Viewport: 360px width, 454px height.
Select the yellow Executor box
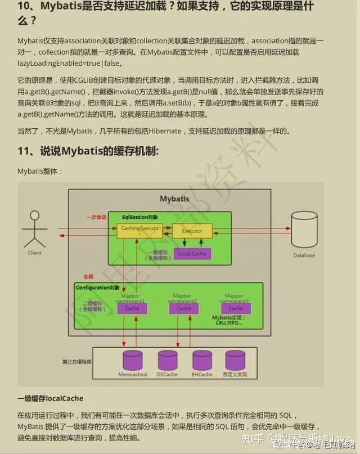192,230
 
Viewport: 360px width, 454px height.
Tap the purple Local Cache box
192,254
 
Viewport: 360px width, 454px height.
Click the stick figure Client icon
34,230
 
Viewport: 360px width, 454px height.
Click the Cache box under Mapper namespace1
132,308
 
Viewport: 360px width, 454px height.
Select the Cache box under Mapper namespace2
184,308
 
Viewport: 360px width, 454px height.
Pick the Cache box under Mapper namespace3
236,308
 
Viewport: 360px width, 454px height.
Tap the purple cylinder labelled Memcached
133,360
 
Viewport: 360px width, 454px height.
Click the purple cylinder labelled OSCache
167,360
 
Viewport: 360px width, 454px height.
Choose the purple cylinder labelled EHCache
201,360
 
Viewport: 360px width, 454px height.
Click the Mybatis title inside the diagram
174,199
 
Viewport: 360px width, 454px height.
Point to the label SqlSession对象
140,217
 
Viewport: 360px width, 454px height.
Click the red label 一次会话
96,217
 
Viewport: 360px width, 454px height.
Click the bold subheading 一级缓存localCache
50,398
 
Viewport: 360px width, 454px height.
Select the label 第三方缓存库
77,361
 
